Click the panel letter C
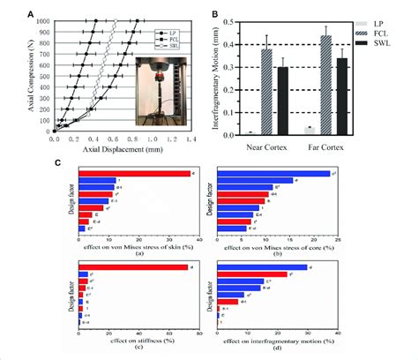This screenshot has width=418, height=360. [58, 162]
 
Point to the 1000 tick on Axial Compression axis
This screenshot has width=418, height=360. [44, 19]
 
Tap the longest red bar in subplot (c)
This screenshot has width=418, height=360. [133, 267]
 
